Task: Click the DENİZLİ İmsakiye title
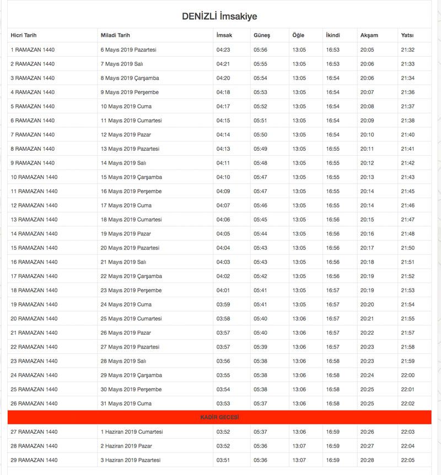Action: [219, 17]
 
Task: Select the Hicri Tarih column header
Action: [24, 35]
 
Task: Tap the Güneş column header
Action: [262, 35]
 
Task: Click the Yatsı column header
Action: [407, 35]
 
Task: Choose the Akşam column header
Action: [369, 35]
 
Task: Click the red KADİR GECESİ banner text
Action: [219, 418]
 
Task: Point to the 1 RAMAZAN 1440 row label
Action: [33, 50]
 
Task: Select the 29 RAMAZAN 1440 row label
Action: [34, 460]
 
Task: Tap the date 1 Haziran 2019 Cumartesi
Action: [132, 432]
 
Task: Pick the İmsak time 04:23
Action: [223, 50]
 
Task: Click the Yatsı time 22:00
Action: [408, 375]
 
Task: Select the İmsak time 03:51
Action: [223, 460]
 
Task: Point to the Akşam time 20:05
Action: [367, 50]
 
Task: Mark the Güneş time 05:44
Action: [260, 234]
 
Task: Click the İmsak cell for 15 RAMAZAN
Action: [223, 248]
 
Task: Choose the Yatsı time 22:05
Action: [408, 460]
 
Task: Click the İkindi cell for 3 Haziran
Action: [333, 460]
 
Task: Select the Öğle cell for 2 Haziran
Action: [299, 446]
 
